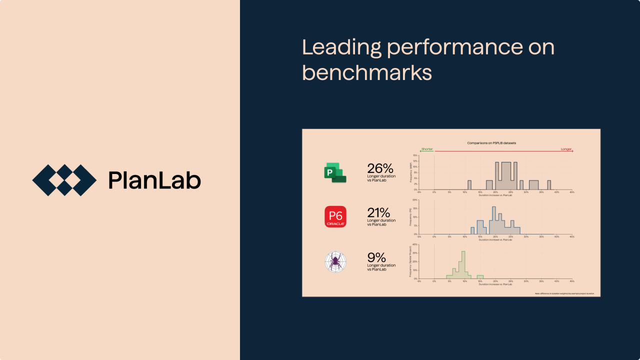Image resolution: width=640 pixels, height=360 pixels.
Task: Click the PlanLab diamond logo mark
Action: [x=64, y=180]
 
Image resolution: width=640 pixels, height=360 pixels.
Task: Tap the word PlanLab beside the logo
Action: [x=154, y=180]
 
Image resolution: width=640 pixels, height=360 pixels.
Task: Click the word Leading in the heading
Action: [x=340, y=47]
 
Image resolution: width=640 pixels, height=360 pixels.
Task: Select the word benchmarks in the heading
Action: [x=367, y=72]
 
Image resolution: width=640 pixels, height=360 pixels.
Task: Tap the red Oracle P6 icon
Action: [x=335, y=216]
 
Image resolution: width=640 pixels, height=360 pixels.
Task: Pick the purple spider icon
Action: [x=335, y=261]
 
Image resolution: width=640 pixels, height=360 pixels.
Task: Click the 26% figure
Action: [x=380, y=168]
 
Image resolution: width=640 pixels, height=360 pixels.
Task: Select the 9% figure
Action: [x=376, y=257]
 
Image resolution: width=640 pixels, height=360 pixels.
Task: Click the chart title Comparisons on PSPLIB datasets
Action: [x=491, y=143]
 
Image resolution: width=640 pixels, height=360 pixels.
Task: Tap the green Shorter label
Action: [x=427, y=149]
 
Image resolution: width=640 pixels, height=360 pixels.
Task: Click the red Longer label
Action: [x=566, y=149]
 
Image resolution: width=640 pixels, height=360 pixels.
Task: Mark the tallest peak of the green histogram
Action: [x=463, y=260]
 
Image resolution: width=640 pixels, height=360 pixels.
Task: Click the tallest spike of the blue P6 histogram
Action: [x=494, y=215]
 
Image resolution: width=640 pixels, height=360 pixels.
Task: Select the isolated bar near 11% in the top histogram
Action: [x=469, y=184]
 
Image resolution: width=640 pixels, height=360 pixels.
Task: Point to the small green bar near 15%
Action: [x=480, y=276]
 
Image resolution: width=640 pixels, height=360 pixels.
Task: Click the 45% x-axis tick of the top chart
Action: [x=572, y=192]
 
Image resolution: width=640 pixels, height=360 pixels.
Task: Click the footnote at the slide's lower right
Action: [x=564, y=293]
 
